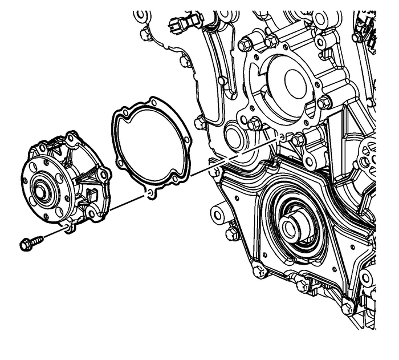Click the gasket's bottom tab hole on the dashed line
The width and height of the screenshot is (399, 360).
149,195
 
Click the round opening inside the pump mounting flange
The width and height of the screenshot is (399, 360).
290,80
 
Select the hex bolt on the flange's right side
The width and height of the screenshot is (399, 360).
323,103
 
